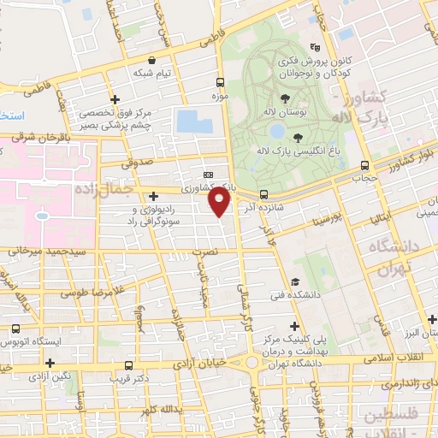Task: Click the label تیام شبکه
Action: click(x=152, y=73)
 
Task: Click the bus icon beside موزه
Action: click(x=221, y=84)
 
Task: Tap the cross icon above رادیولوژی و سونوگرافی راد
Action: click(x=152, y=196)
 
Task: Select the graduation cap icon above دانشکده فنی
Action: click(x=294, y=281)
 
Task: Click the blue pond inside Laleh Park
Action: click(x=277, y=132)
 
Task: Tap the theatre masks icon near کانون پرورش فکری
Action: click(x=316, y=48)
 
